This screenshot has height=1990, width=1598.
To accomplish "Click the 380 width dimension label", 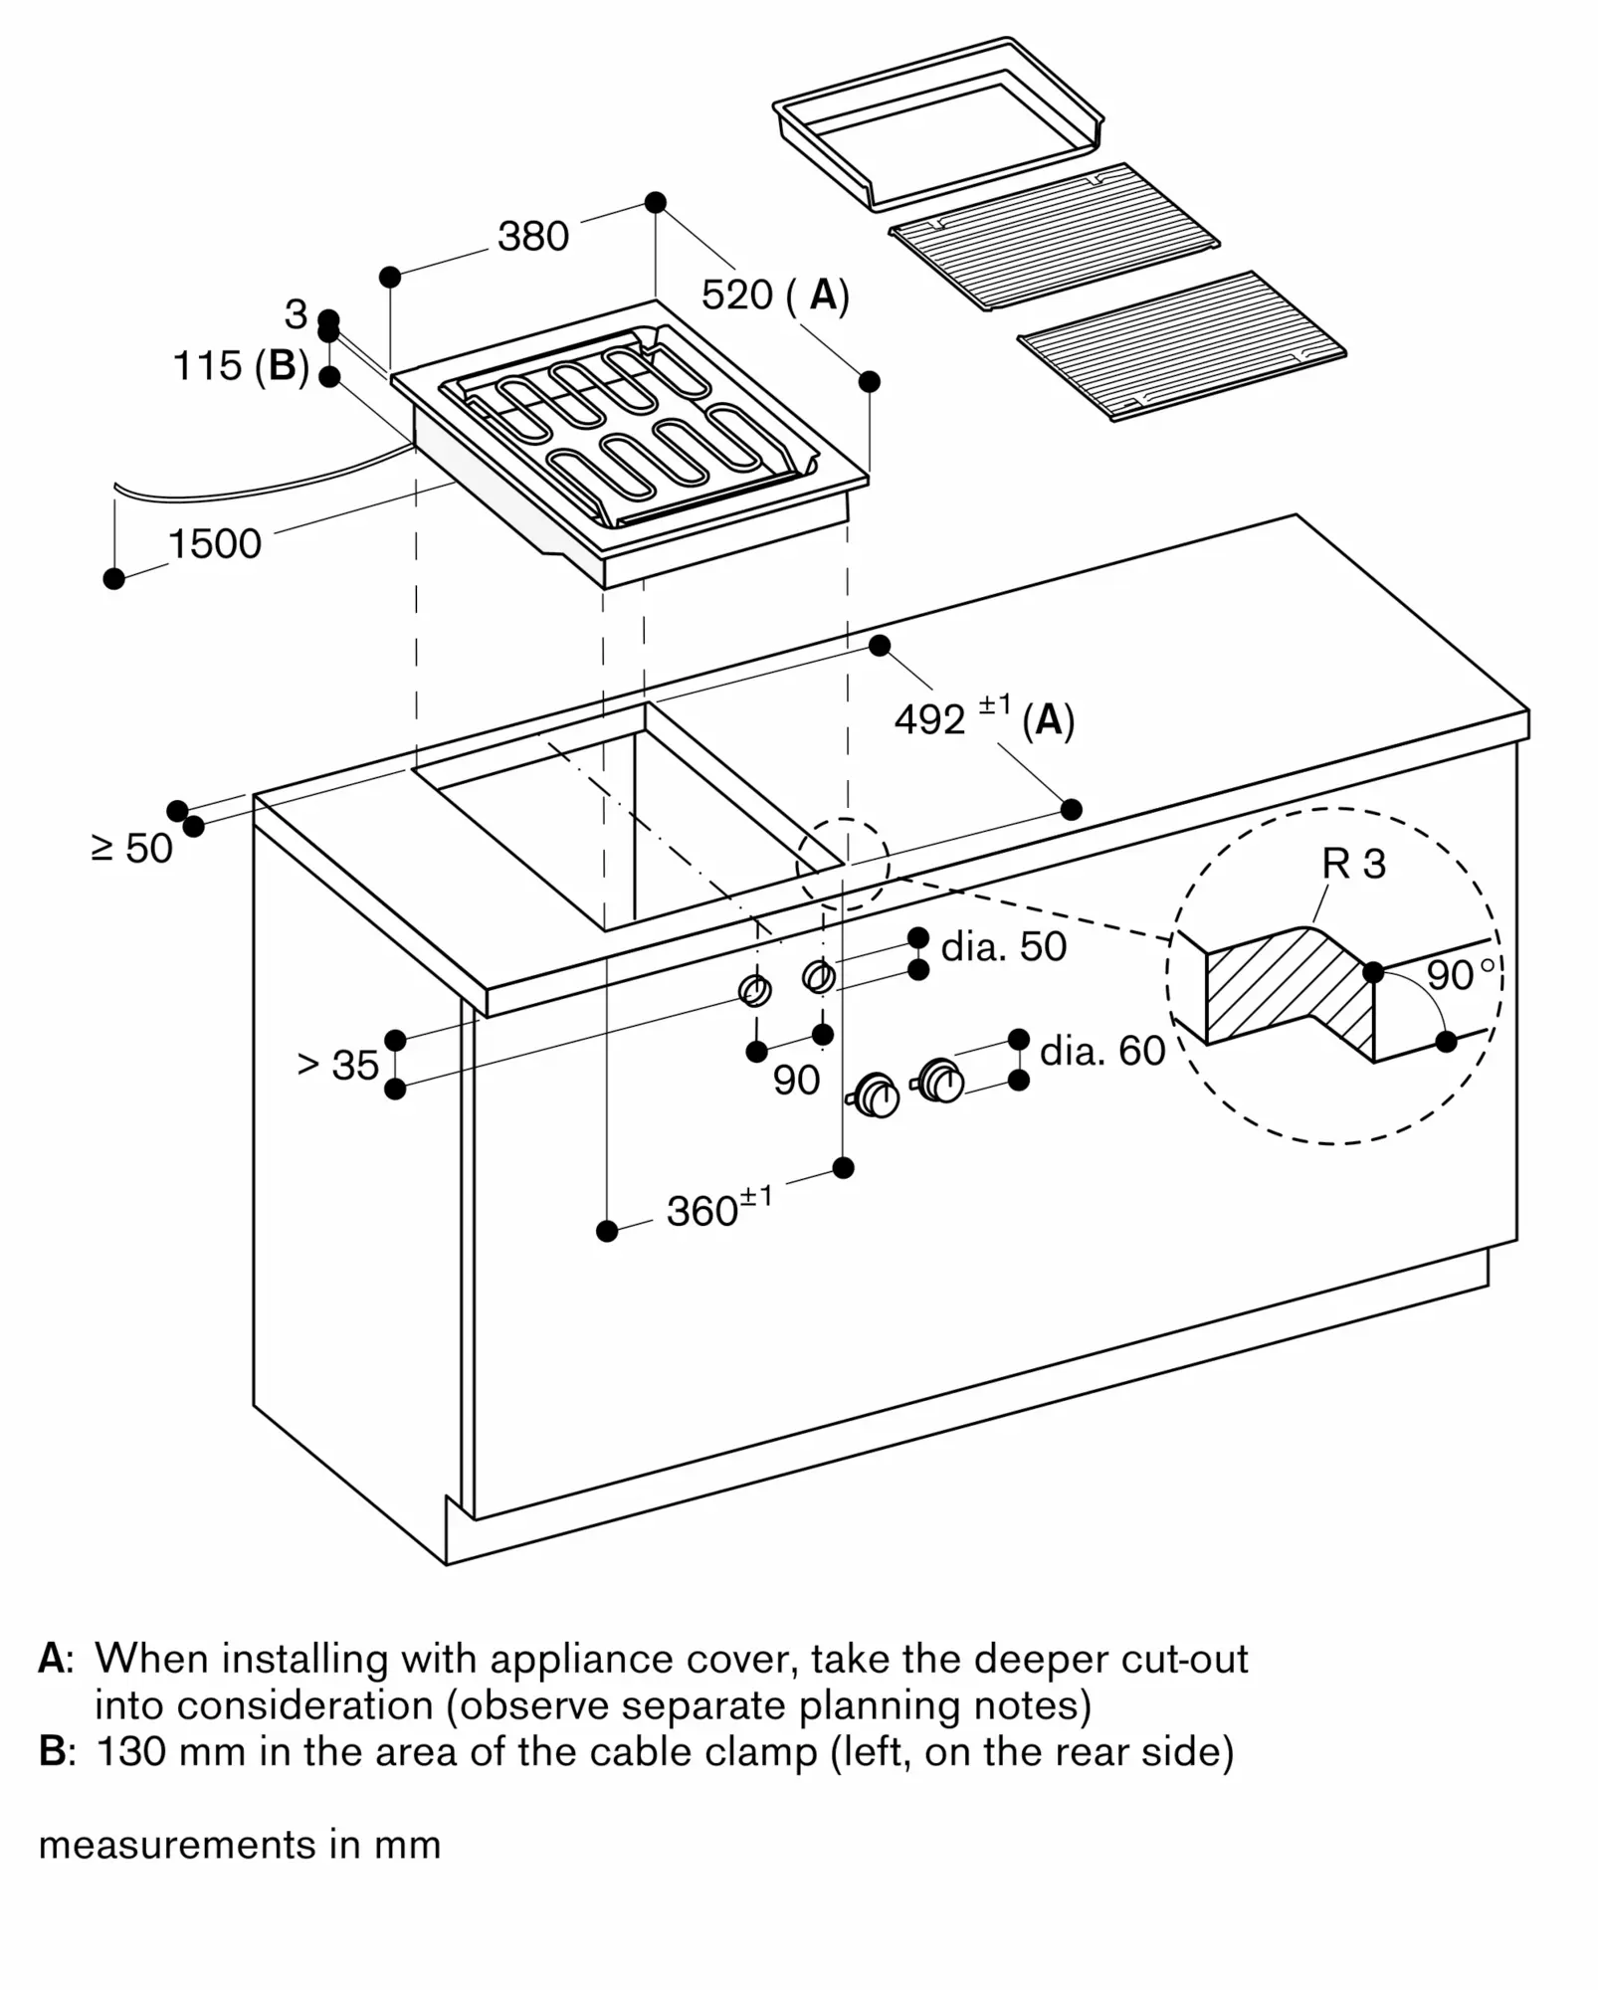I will pyautogui.click(x=532, y=237).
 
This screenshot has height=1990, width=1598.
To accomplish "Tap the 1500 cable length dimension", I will pyautogui.click(x=214, y=544).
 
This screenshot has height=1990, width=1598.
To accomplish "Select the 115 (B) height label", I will pyautogui.click(x=240, y=366).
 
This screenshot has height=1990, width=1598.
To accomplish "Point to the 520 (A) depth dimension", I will pyautogui.click(x=774, y=296).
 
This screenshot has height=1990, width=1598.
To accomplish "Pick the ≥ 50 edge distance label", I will pyautogui.click(x=131, y=849).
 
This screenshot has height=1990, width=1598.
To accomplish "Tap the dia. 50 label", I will pyautogui.click(x=1003, y=947).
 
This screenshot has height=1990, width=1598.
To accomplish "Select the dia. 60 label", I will pyautogui.click(x=1101, y=1052).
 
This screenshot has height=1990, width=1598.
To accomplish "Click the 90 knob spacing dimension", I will pyautogui.click(x=796, y=1081).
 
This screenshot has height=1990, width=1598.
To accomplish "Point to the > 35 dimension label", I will pyautogui.click(x=338, y=1066).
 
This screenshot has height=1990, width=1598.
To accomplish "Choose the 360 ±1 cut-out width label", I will pyautogui.click(x=718, y=1209).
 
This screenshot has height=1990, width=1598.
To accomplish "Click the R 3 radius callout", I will pyautogui.click(x=1353, y=865).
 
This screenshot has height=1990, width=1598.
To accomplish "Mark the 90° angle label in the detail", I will pyautogui.click(x=1459, y=976).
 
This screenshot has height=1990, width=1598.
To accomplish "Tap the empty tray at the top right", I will pyautogui.click(x=937, y=123).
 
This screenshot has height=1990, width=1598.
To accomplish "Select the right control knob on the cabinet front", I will pyautogui.click(x=940, y=1081).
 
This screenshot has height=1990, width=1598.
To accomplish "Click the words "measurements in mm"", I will pyautogui.click(x=239, y=1845).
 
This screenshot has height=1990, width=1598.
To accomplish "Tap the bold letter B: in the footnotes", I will pyautogui.click(x=56, y=1751).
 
